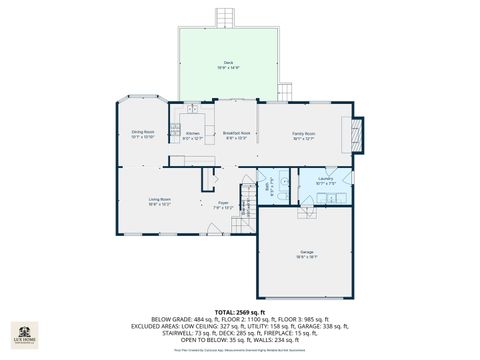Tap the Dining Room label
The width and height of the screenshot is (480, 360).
142,133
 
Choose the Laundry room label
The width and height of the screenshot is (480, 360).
326,181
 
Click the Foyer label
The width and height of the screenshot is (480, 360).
223,204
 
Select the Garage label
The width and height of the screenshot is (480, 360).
306,254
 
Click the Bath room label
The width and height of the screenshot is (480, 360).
266,183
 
